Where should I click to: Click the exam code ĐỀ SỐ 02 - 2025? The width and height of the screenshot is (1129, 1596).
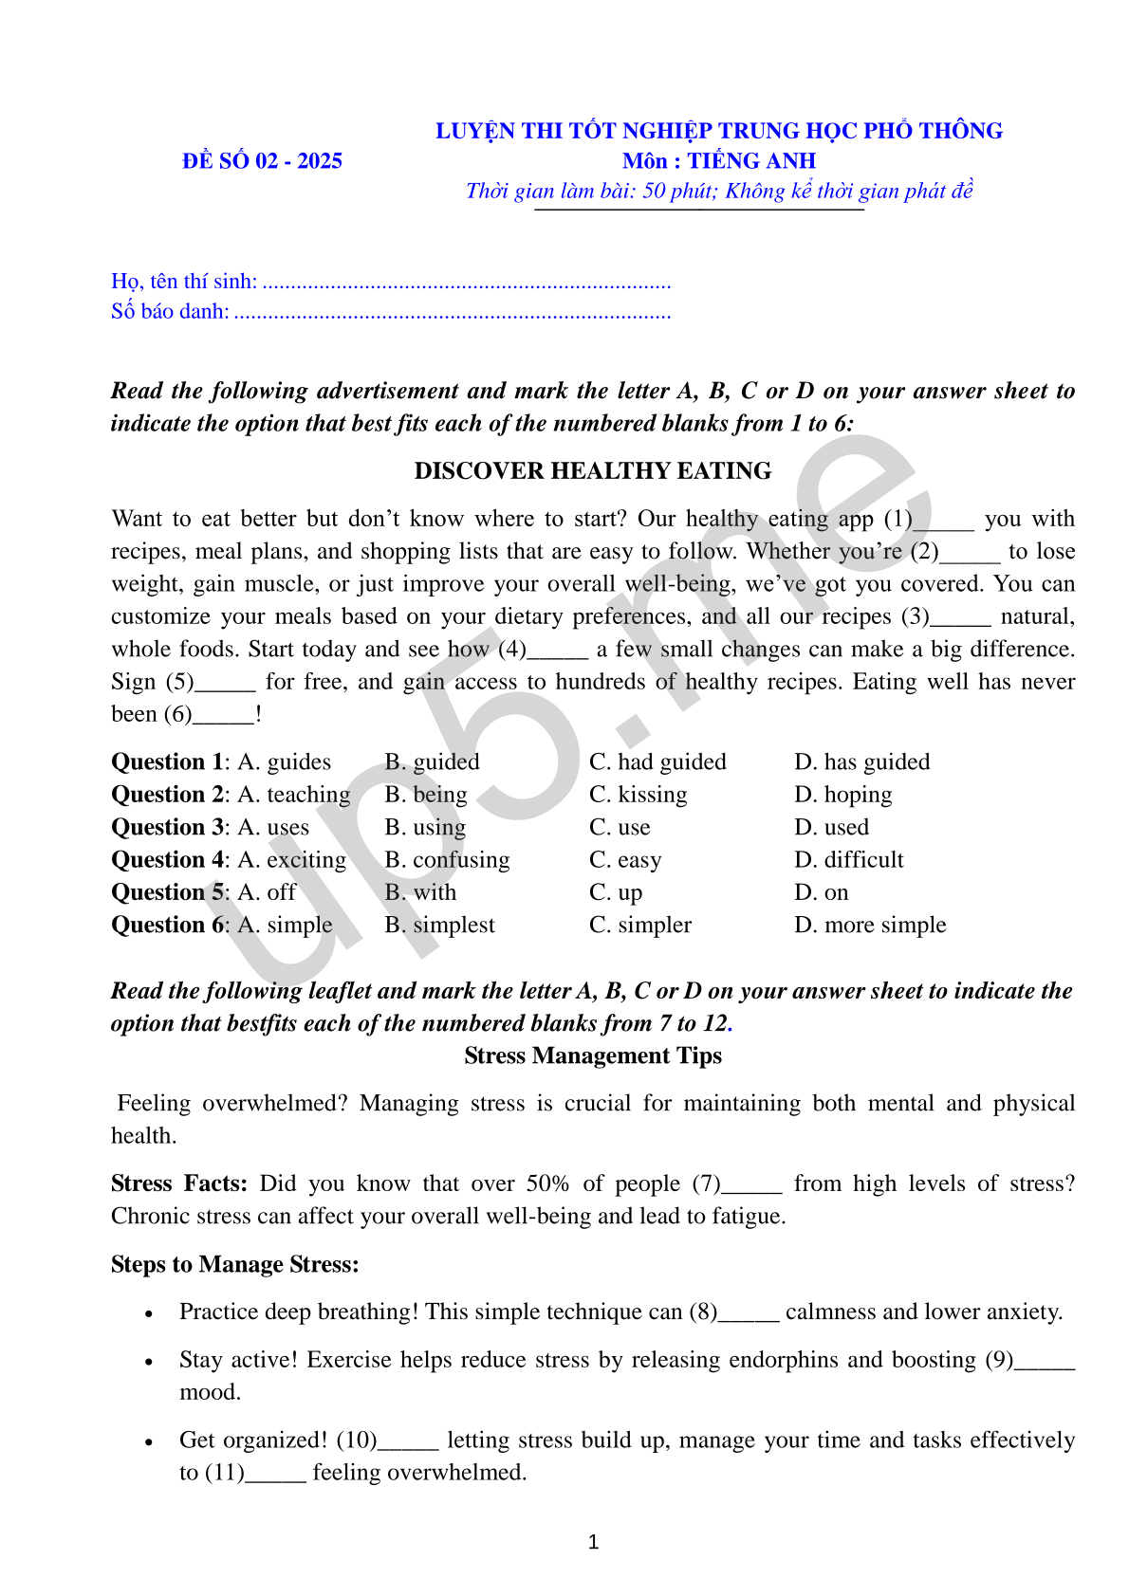tap(262, 161)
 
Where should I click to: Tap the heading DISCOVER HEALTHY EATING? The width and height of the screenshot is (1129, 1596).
tap(593, 471)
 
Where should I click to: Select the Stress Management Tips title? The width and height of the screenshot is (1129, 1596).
tap(593, 1055)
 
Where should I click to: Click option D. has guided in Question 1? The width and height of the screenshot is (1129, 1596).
tap(861, 762)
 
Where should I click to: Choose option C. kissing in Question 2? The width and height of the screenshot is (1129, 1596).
tap(638, 795)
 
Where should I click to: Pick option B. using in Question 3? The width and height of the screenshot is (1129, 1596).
tap(425, 828)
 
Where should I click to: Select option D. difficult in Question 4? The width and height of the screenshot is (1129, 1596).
tap(848, 860)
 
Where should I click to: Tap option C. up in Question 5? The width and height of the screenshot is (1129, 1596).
tap(616, 893)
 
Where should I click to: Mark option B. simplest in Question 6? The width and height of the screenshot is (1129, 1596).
tap(439, 926)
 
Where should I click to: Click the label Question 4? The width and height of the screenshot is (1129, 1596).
tap(169, 860)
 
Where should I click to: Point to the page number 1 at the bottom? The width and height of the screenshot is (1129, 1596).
tap(594, 1542)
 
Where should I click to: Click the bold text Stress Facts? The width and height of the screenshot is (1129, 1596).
tap(178, 1183)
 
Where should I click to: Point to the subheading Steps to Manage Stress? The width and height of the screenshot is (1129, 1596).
tap(234, 1264)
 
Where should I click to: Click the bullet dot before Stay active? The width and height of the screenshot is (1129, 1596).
tap(149, 1362)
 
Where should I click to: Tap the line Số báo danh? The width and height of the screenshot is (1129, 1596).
tap(390, 312)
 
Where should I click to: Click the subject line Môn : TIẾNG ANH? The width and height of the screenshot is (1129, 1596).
tap(718, 161)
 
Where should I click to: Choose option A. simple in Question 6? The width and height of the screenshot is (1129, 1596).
tap(285, 926)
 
